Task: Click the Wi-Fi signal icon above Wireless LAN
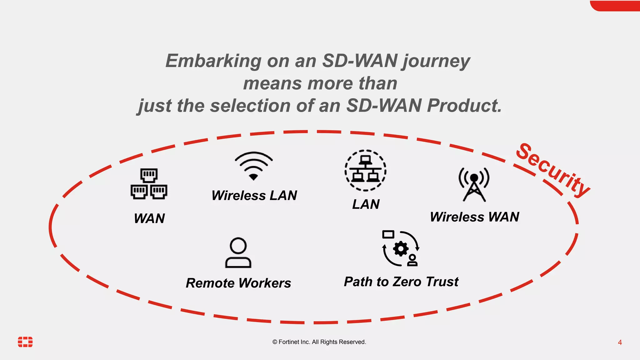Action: click(x=253, y=166)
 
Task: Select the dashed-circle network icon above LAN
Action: click(x=365, y=170)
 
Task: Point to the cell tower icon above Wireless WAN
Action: click(x=474, y=184)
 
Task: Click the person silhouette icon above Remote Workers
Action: click(x=238, y=253)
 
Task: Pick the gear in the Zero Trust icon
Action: click(x=401, y=249)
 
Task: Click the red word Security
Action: click(x=552, y=170)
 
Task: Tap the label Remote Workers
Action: click(x=238, y=283)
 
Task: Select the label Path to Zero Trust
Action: click(x=401, y=282)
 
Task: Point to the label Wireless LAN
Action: click(x=254, y=196)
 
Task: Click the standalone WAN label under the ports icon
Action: click(x=149, y=218)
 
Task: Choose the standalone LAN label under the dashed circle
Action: click(x=366, y=204)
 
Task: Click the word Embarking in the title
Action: click(x=213, y=61)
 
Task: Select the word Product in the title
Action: click(x=464, y=106)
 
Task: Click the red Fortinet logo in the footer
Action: click(x=25, y=342)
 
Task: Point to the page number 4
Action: click(x=620, y=342)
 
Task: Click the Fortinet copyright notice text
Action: click(x=319, y=342)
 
